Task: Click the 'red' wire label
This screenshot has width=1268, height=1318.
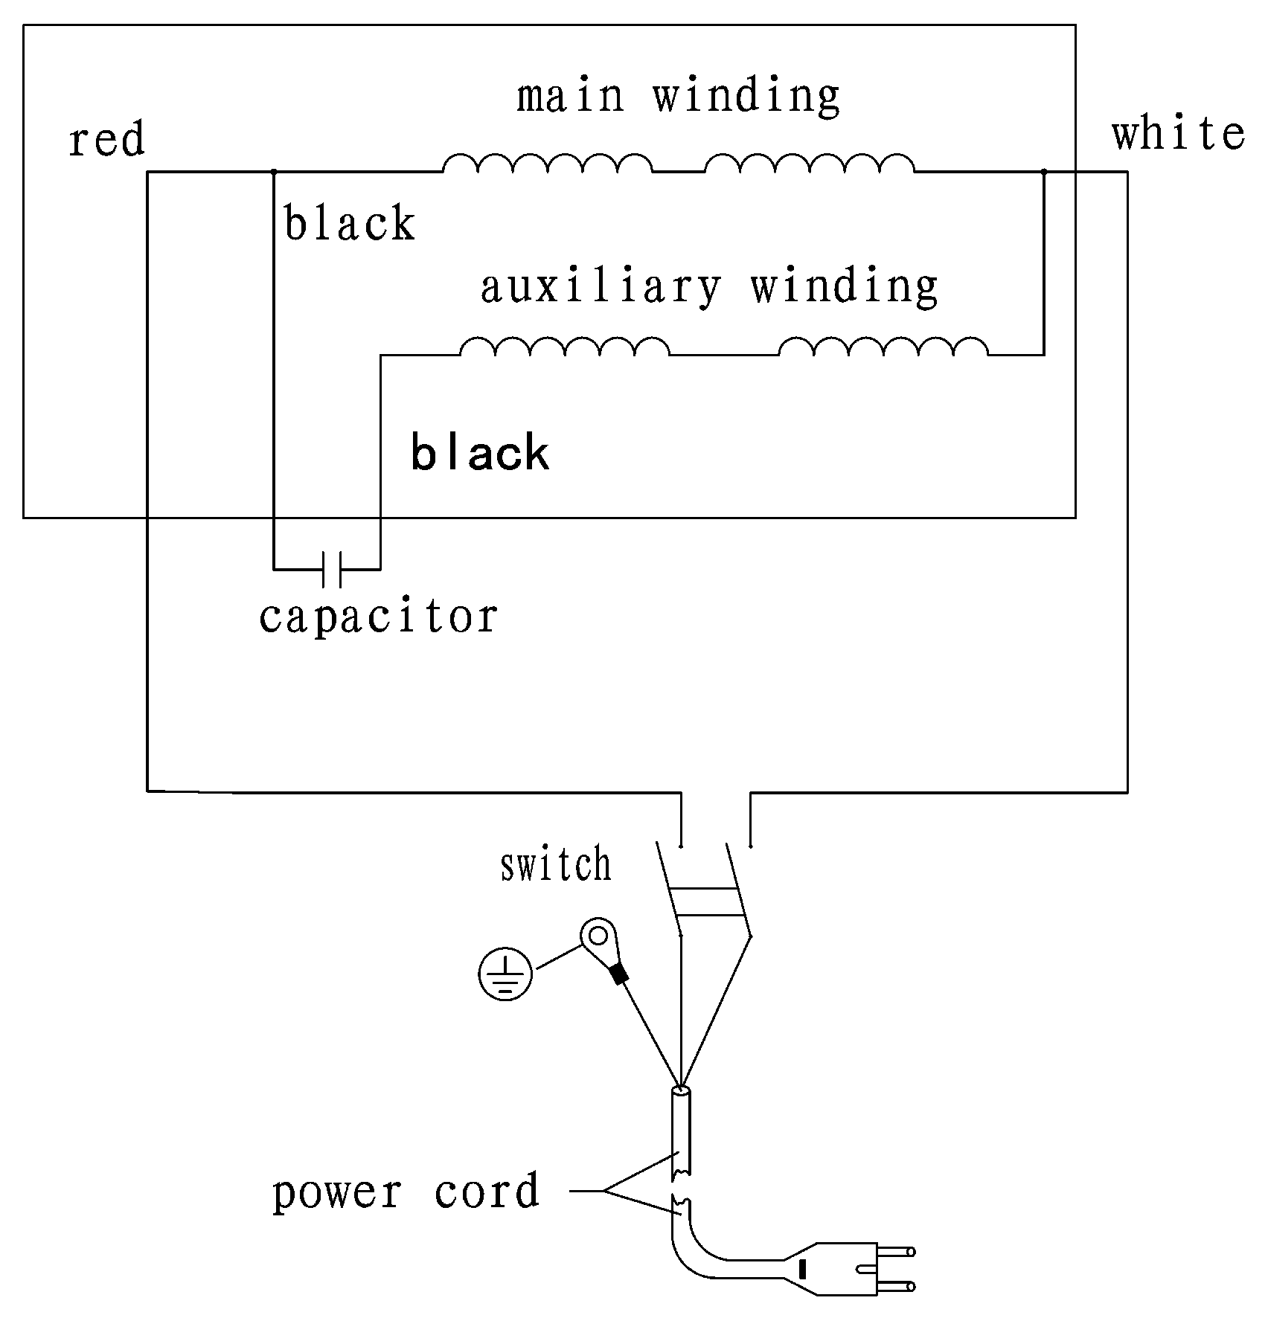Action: coord(106,141)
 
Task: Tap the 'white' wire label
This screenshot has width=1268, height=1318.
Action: coord(1179,134)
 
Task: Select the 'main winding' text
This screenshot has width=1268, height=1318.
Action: coord(679,97)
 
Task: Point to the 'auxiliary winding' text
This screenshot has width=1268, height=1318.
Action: coord(709,288)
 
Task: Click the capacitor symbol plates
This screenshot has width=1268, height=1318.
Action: coord(332,569)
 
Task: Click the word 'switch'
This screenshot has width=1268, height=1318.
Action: coord(556,864)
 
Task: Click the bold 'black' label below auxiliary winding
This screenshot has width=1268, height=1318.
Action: coord(480,453)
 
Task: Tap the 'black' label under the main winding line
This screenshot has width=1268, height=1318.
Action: coord(350,223)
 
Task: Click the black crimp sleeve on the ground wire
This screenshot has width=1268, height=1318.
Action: coord(618,974)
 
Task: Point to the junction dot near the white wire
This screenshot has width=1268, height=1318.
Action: coord(1044,172)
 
